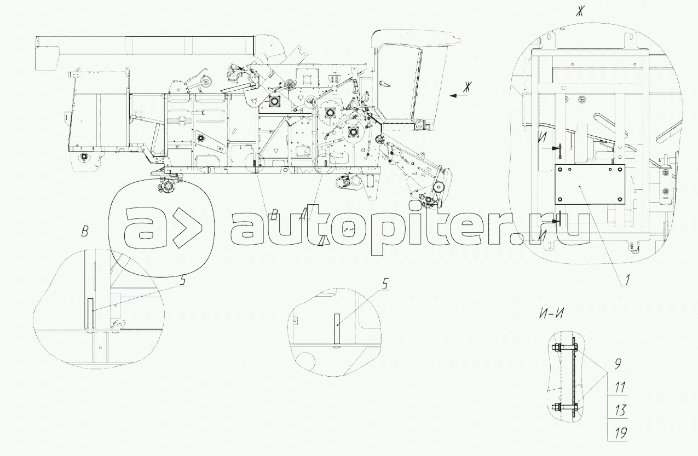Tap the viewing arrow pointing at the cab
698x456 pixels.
coord(458,96)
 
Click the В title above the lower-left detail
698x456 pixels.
coord(84,232)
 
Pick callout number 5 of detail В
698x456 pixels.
coord(183,280)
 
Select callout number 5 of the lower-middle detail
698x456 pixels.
coord(385,285)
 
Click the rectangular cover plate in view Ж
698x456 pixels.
coord(590,184)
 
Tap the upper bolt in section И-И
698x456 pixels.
coord(564,347)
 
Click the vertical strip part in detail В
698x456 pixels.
coord(90,313)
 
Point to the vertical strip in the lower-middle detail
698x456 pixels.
coord(337,329)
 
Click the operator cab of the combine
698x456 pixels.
coord(411,78)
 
